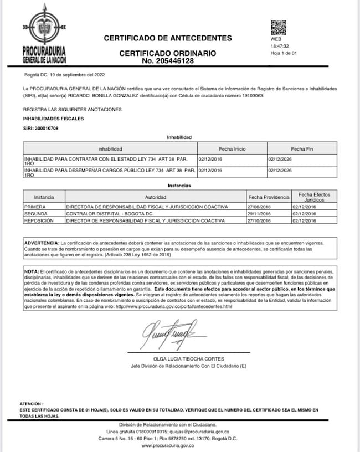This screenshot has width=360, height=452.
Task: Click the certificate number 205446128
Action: pyautogui.click(x=167, y=61)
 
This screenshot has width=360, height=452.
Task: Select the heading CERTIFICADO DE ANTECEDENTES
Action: pyautogui.click(x=168, y=38)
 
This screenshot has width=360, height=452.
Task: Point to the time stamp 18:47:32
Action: pyautogui.click(x=280, y=47)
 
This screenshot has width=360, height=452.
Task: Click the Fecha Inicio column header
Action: pyautogui.click(x=232, y=149)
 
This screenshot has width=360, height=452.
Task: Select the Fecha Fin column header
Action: pyautogui.click(x=302, y=149)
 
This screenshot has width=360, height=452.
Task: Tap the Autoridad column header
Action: pyautogui.click(x=155, y=197)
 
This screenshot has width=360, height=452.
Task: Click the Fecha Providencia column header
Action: pyautogui.click(x=269, y=197)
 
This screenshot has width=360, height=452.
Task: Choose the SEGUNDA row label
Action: pyautogui.click(x=35, y=213)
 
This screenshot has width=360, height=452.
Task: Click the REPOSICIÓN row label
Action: pyautogui.click(x=38, y=220)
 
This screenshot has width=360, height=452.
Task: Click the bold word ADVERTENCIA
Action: pyautogui.click(x=42, y=243)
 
